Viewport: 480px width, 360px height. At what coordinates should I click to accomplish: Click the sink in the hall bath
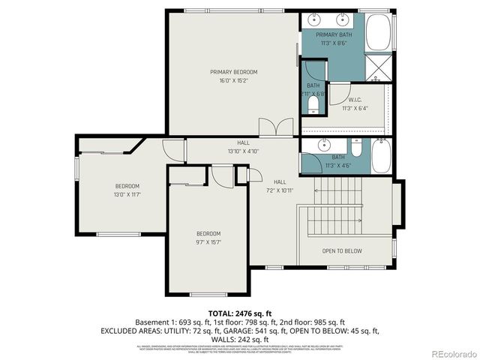324,144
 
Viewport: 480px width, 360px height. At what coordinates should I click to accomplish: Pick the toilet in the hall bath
356,147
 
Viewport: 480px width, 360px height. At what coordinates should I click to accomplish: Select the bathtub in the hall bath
380,155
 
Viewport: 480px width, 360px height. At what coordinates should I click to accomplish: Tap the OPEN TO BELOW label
342,251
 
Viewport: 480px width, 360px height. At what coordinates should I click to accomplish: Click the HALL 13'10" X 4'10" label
244,147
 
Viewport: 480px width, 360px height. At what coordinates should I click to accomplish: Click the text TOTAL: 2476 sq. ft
240,312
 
